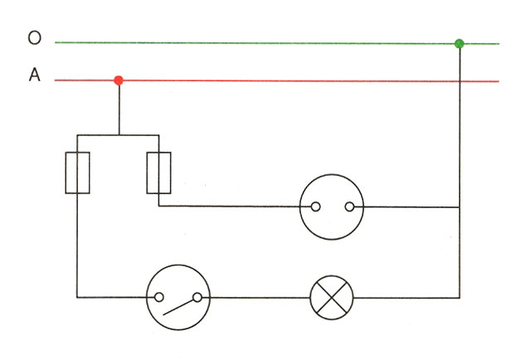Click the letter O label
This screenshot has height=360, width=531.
(x=34, y=38)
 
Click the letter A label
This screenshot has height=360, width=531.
(x=34, y=75)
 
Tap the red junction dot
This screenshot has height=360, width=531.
(x=119, y=80)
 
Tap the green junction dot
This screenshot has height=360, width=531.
(x=459, y=43)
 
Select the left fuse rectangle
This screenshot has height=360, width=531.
(x=77, y=173)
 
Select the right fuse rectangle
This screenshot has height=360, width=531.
(x=158, y=173)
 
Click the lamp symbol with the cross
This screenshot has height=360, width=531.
(x=331, y=297)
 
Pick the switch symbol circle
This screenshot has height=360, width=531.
(x=178, y=297)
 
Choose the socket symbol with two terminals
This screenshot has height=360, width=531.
(x=332, y=207)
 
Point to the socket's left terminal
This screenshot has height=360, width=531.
(x=314, y=207)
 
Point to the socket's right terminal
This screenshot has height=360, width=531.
(x=350, y=207)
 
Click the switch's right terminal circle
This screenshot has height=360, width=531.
(x=197, y=297)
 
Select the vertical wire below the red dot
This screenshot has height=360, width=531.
(x=119, y=108)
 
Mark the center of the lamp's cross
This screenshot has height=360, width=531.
(x=331, y=297)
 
